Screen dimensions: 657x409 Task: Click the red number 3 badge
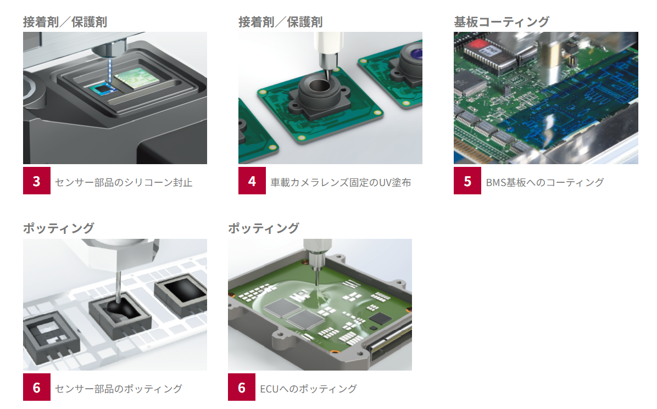[x=36, y=181]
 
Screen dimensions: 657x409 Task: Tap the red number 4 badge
[x=252, y=181]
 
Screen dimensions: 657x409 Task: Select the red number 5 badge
[x=467, y=181]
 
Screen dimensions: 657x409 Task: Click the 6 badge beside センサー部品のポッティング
[x=36, y=387]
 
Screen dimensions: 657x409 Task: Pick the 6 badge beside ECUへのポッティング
[x=241, y=387]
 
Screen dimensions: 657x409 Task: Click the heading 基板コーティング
[x=502, y=22]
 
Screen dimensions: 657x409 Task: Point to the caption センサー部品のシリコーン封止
[x=124, y=182]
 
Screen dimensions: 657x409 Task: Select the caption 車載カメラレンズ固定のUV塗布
[x=341, y=182]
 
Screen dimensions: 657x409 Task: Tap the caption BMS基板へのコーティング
[x=545, y=182]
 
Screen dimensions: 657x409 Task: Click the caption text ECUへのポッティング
[x=308, y=389]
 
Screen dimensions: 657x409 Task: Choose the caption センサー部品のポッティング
[x=119, y=389]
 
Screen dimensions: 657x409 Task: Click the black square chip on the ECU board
[x=380, y=319]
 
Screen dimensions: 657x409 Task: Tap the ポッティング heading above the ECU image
[x=264, y=228]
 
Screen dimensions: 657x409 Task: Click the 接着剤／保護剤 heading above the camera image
[x=280, y=22]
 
